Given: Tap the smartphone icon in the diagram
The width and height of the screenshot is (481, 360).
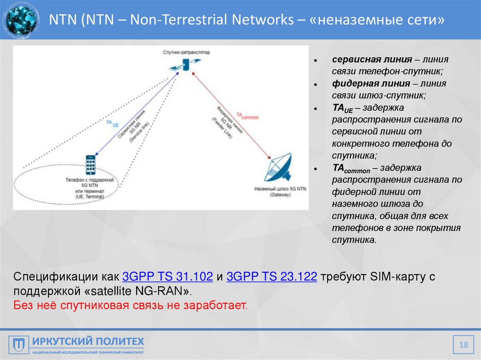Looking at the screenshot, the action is pyautogui.click(x=91, y=165).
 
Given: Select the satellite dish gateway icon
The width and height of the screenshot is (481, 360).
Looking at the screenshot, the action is pyautogui.click(x=279, y=168).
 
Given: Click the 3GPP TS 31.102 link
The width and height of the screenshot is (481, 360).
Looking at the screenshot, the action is pyautogui.click(x=168, y=276).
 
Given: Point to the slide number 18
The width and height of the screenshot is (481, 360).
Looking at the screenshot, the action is pyautogui.click(x=464, y=345).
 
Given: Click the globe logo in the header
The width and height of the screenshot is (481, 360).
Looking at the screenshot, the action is pyautogui.click(x=20, y=20).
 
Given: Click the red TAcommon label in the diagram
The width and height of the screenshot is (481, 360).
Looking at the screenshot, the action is pyautogui.click(x=248, y=116).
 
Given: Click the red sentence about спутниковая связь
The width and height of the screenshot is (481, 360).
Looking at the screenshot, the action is pyautogui.click(x=130, y=306).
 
